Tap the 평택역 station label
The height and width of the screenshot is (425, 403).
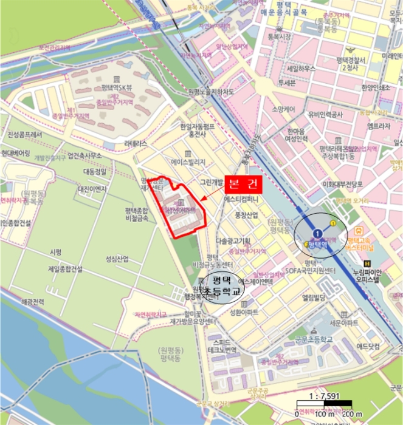click(319, 245)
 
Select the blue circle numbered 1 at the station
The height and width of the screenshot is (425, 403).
click(316, 233)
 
